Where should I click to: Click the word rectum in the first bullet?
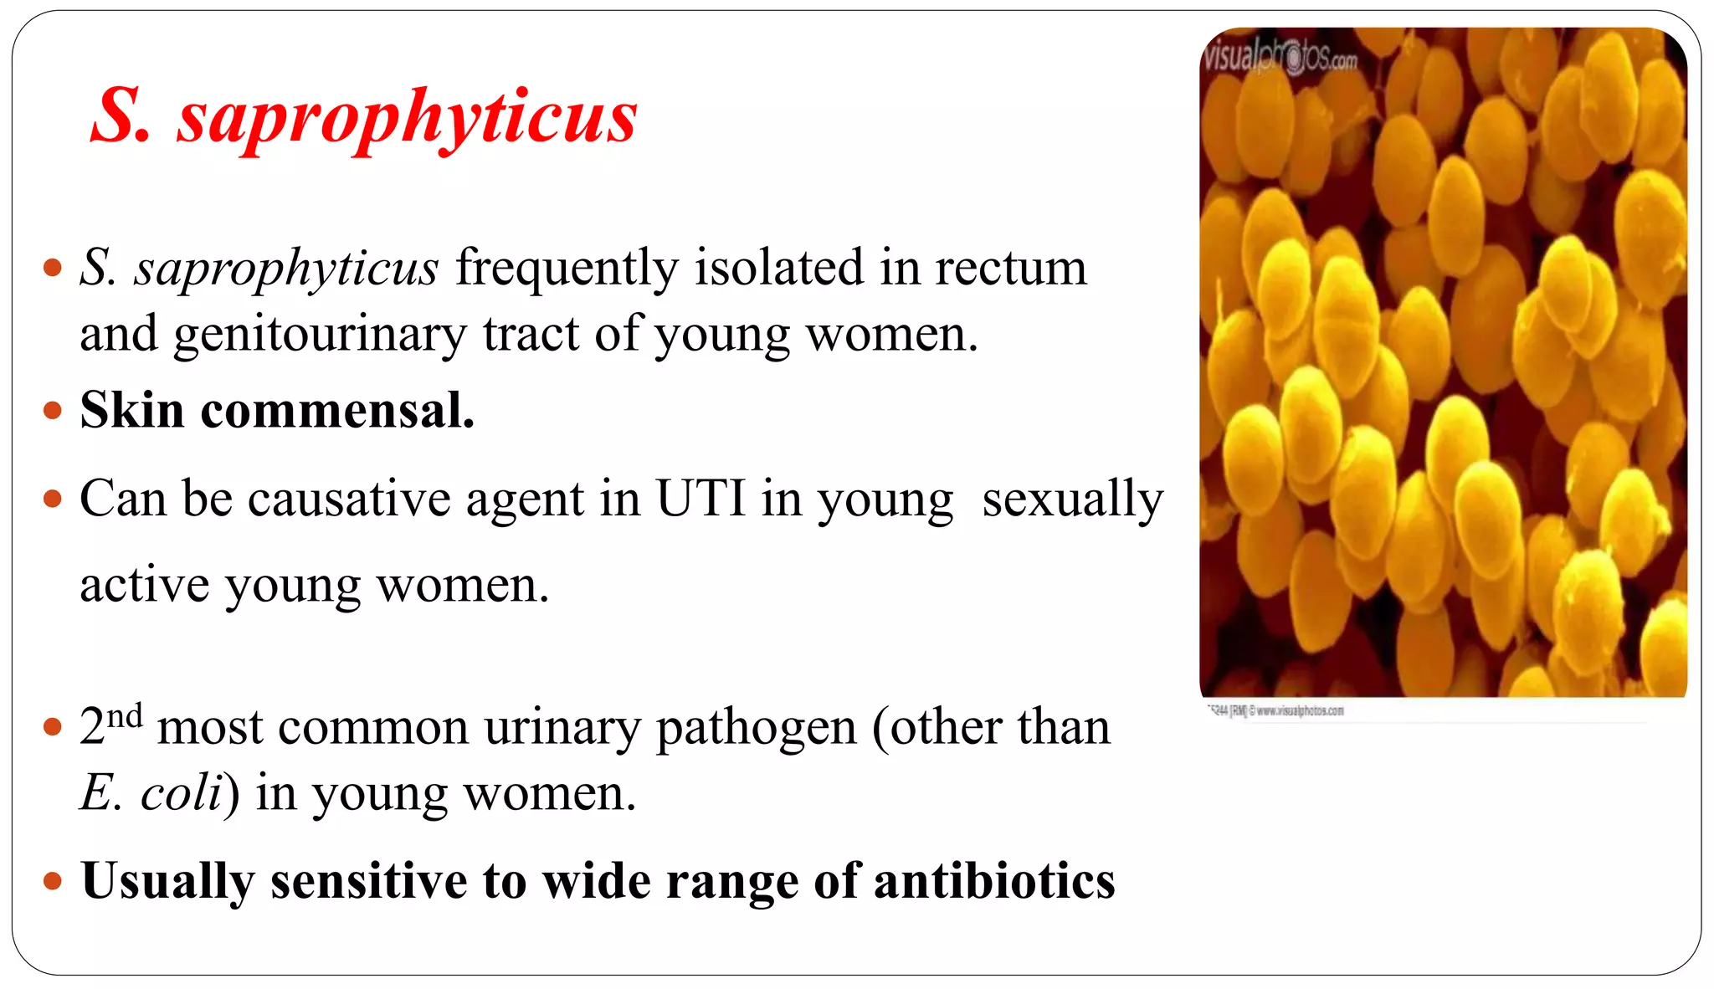(1010, 268)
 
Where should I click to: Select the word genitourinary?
(319, 334)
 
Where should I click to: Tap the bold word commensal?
(337, 410)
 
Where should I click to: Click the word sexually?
(1072, 499)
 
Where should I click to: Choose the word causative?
(349, 499)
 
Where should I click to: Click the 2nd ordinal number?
(110, 724)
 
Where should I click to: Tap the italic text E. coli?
(151, 792)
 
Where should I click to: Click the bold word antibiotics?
(993, 880)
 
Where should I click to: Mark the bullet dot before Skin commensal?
(53, 411)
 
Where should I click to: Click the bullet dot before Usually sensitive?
(53, 881)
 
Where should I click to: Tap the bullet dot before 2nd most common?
(53, 726)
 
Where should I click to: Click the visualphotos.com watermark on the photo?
(1279, 57)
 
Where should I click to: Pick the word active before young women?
(144, 585)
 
